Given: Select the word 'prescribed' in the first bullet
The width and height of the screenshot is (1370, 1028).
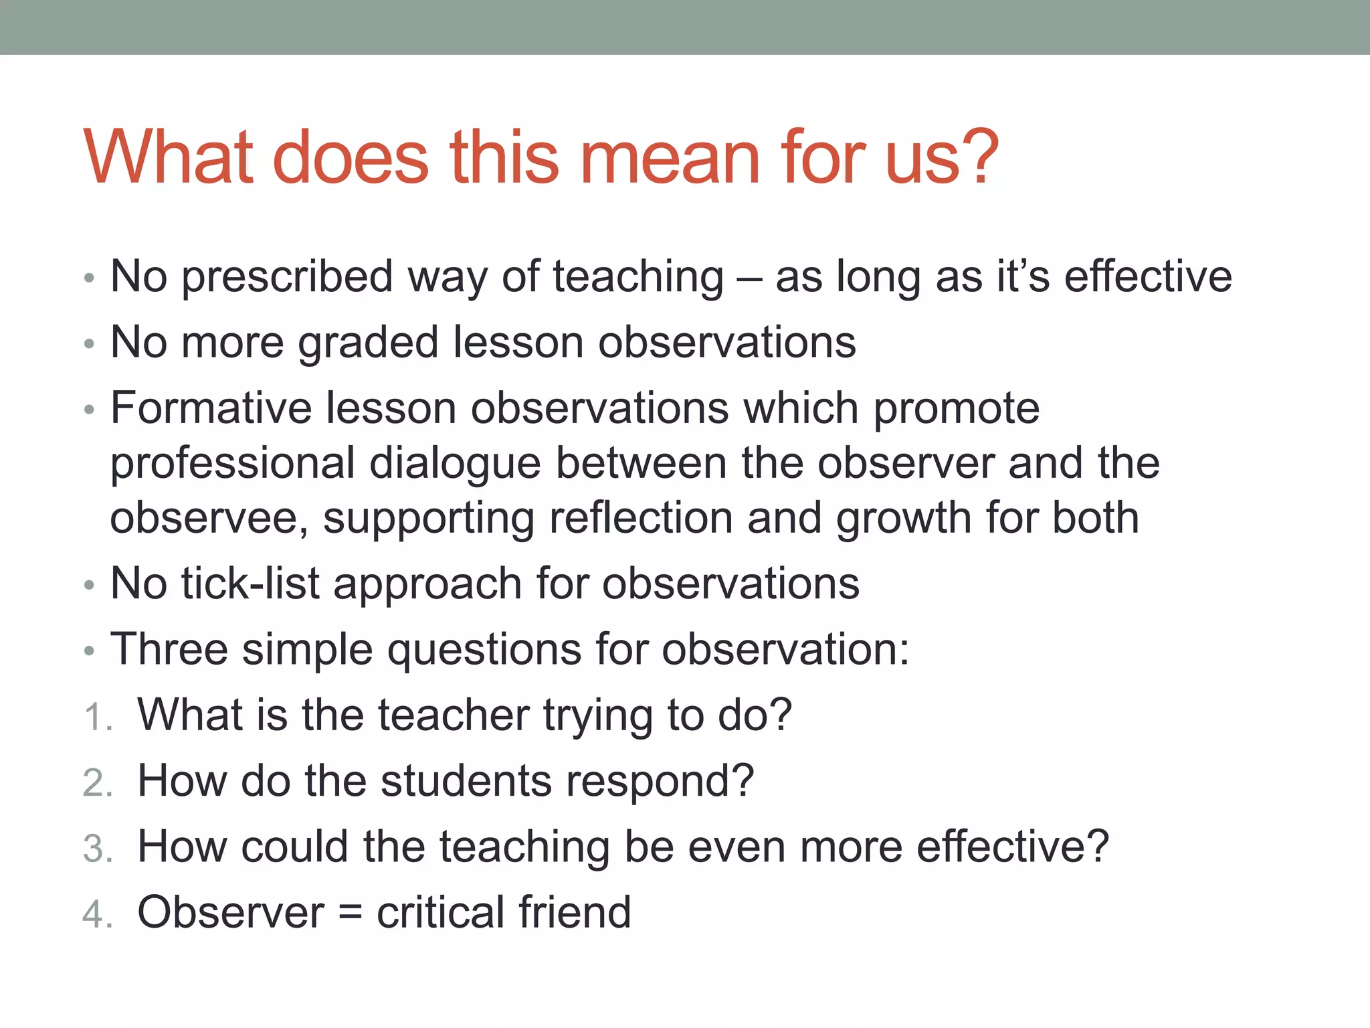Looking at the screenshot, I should point(287,276).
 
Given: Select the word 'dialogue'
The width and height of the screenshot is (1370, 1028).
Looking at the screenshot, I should point(455,463).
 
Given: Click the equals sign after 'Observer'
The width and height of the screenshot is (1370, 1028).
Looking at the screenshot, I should point(351,914).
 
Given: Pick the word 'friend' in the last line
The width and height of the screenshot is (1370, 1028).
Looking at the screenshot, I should point(575,912).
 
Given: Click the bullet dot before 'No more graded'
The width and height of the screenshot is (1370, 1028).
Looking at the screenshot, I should point(89,345).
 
